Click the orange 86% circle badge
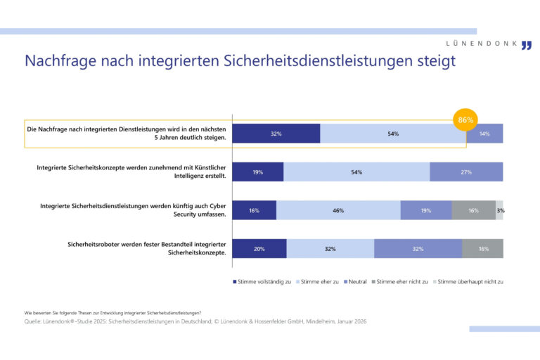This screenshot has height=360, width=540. click(465, 120)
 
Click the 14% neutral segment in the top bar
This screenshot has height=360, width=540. click(484, 134)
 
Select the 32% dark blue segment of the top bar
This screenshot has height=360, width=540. click(276, 134)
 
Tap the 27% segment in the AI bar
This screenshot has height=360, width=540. click(465, 172)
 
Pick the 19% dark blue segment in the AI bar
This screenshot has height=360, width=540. click(258, 172)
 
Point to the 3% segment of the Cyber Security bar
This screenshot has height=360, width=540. click(499, 210)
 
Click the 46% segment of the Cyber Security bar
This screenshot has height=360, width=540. click(338, 210)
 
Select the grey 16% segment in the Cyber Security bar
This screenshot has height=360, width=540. click(473, 210)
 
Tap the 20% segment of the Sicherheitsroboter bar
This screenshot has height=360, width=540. click(259, 248)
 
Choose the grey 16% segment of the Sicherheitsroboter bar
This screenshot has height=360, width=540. click(482, 248)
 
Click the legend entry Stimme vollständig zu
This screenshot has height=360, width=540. click(262, 281)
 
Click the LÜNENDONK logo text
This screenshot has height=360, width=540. click(482, 44)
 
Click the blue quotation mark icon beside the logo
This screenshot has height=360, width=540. click(527, 46)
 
